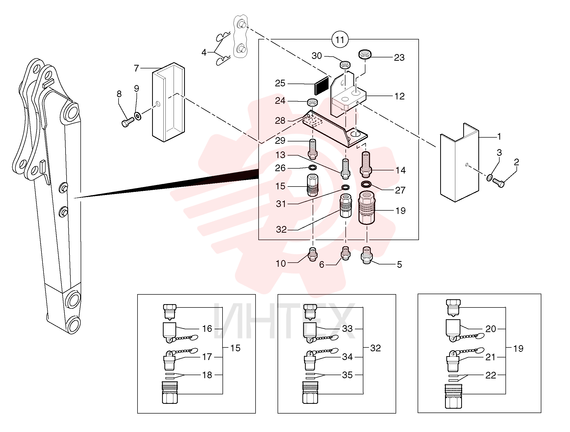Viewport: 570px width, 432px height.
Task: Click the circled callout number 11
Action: pos(340,40)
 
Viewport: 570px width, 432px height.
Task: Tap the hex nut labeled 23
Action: pos(365,54)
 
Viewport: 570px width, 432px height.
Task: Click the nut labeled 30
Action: pos(345,65)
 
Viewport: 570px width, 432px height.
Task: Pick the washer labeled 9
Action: pos(138,116)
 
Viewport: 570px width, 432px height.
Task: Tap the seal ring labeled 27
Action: pos(366,184)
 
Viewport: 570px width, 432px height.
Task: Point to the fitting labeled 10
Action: pos(313,254)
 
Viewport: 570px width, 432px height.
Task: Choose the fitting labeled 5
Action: pos(367,255)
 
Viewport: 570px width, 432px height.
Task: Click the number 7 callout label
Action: pos(136,68)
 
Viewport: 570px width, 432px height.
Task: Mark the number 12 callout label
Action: pos(399,96)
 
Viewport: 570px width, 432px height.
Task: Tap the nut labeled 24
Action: pos(312,102)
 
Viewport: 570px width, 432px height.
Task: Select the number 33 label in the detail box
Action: pos(347,328)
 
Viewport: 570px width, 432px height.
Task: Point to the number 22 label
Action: pos(491,375)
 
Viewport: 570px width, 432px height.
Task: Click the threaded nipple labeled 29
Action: pos(313,149)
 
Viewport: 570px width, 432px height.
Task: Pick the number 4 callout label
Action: pos(204,53)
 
